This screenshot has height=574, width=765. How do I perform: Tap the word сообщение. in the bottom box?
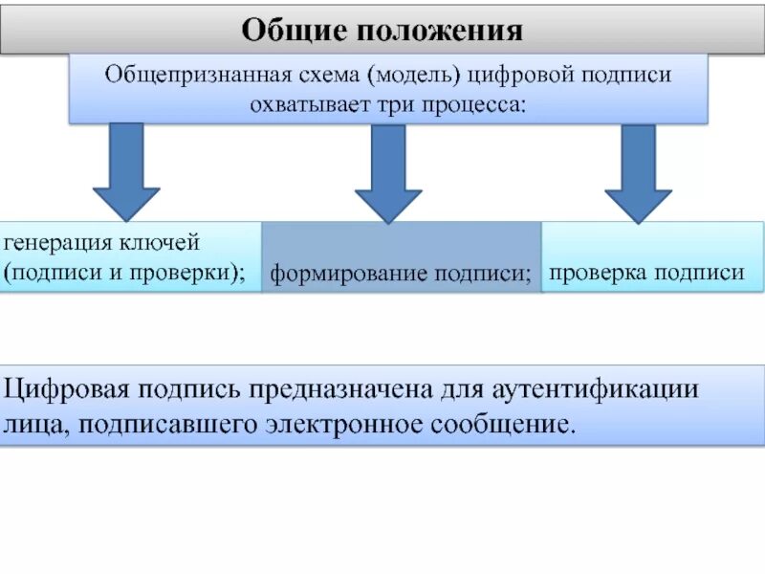click(515, 422)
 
